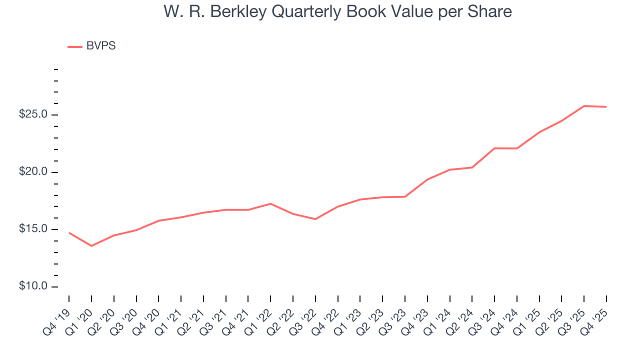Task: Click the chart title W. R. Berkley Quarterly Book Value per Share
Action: click(x=337, y=11)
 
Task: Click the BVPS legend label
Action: click(x=101, y=46)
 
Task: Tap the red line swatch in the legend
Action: click(x=75, y=46)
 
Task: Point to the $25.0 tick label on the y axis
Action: click(x=33, y=114)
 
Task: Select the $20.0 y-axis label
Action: click(x=33, y=172)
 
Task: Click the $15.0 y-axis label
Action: click(x=33, y=229)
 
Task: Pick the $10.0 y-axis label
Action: click(x=33, y=286)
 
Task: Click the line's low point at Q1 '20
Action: click(x=91, y=246)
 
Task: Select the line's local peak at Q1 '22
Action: click(x=270, y=203)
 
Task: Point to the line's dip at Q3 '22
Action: click(x=315, y=219)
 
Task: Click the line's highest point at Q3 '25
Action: click(x=584, y=106)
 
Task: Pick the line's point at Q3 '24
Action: click(x=494, y=148)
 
